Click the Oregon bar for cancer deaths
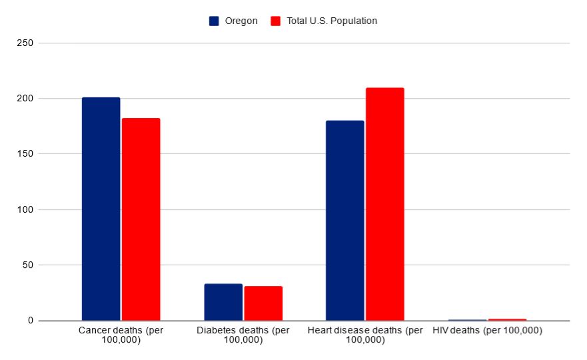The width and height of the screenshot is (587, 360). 101,209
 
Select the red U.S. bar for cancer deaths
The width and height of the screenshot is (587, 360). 141,219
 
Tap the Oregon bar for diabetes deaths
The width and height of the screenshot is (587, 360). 223,302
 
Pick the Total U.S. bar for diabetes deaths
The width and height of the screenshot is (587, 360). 263,303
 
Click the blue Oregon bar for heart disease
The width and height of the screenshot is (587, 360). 344,221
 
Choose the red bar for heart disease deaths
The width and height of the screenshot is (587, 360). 384,204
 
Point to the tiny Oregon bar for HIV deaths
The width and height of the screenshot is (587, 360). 467,320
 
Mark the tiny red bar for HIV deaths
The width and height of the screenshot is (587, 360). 507,319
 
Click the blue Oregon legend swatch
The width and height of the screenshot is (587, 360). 214,21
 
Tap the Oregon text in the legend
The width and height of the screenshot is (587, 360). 241,21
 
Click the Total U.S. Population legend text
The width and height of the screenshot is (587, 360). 332,21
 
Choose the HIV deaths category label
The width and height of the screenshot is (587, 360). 487,331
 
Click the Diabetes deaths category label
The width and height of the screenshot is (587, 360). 243,335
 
